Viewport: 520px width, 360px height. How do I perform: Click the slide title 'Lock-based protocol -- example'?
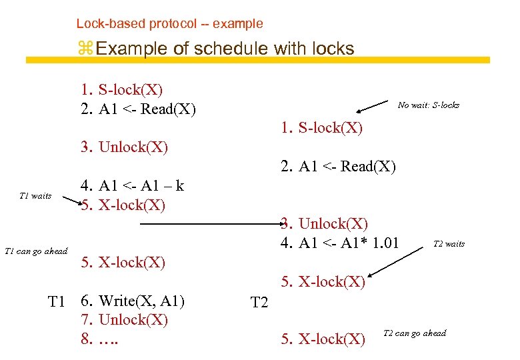[169, 24]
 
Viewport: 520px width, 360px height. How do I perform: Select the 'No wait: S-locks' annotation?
[428, 105]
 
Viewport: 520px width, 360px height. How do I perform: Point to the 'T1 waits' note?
[36, 196]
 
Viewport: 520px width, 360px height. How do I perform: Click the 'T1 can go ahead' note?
[36, 251]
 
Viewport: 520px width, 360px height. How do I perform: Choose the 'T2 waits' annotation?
[449, 244]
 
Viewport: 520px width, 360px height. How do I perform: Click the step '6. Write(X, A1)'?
[133, 301]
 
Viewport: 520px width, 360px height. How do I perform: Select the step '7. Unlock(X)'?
[125, 320]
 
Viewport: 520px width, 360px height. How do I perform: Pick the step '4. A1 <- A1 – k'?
[132, 186]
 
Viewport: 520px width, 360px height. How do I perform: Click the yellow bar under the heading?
[257, 60]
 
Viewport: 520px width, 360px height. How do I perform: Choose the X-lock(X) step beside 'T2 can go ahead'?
[323, 339]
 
